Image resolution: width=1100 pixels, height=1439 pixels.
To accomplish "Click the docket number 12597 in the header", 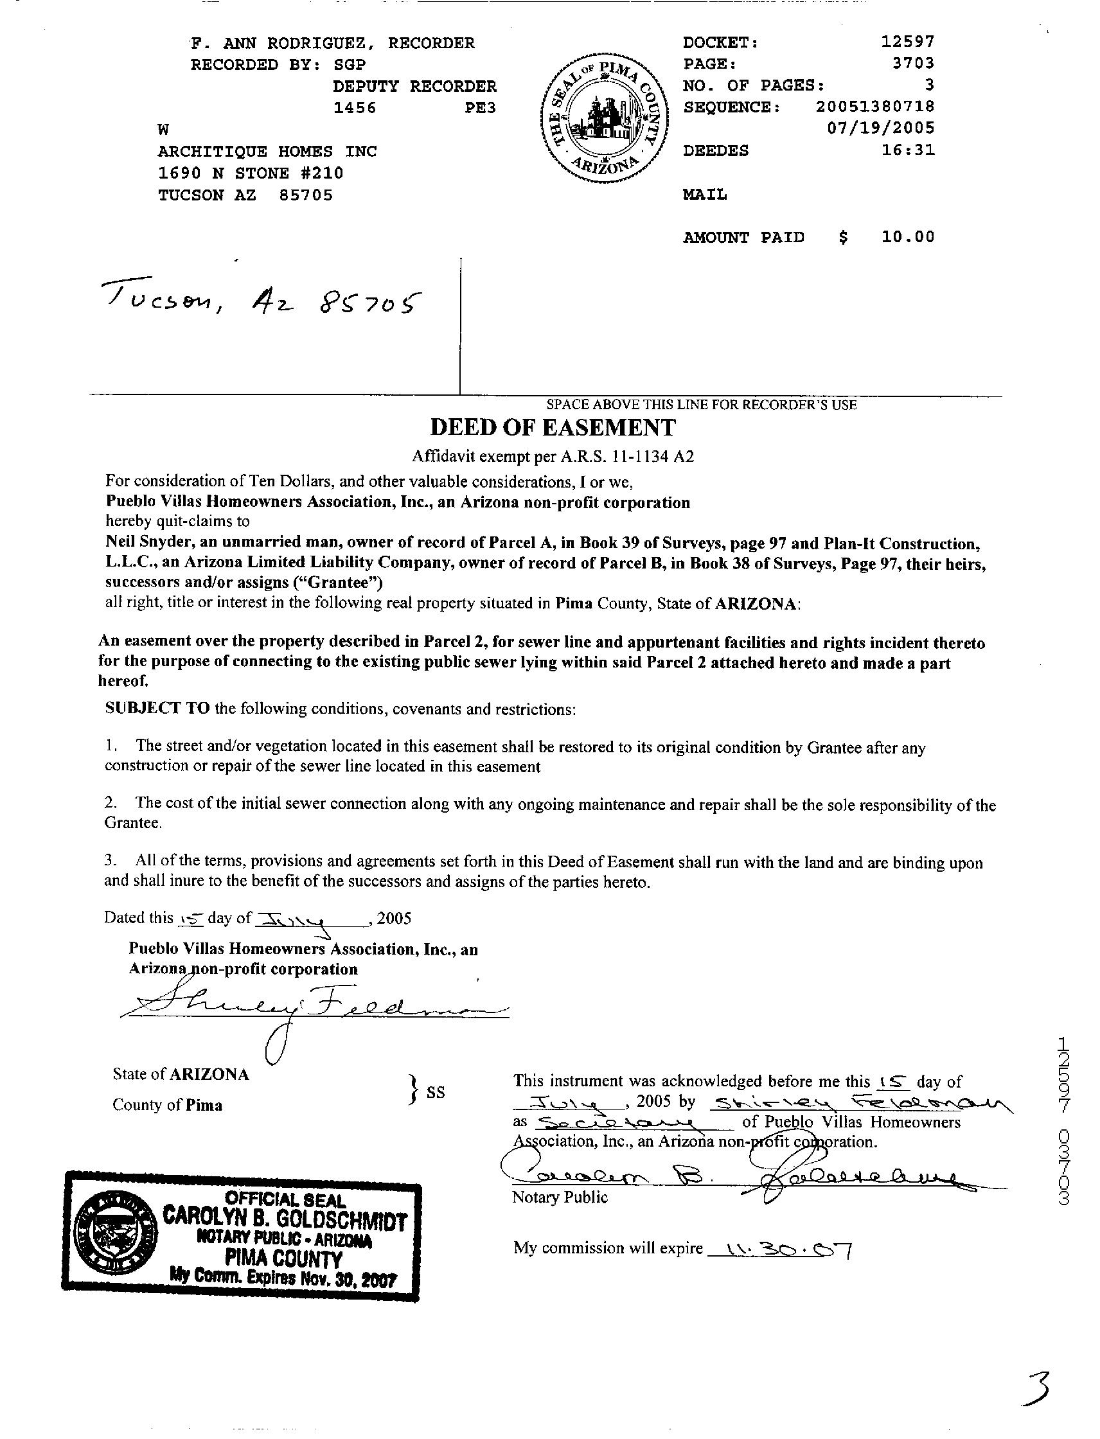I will [907, 42].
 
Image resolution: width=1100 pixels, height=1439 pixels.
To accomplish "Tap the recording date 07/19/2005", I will [881, 128].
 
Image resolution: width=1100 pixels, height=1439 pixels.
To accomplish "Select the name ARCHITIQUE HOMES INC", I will [267, 151].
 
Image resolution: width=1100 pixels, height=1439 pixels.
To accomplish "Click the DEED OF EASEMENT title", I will [553, 427].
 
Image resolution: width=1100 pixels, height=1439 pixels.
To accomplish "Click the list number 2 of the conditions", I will [111, 804].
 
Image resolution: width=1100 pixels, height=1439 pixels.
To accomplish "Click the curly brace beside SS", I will [412, 1090].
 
